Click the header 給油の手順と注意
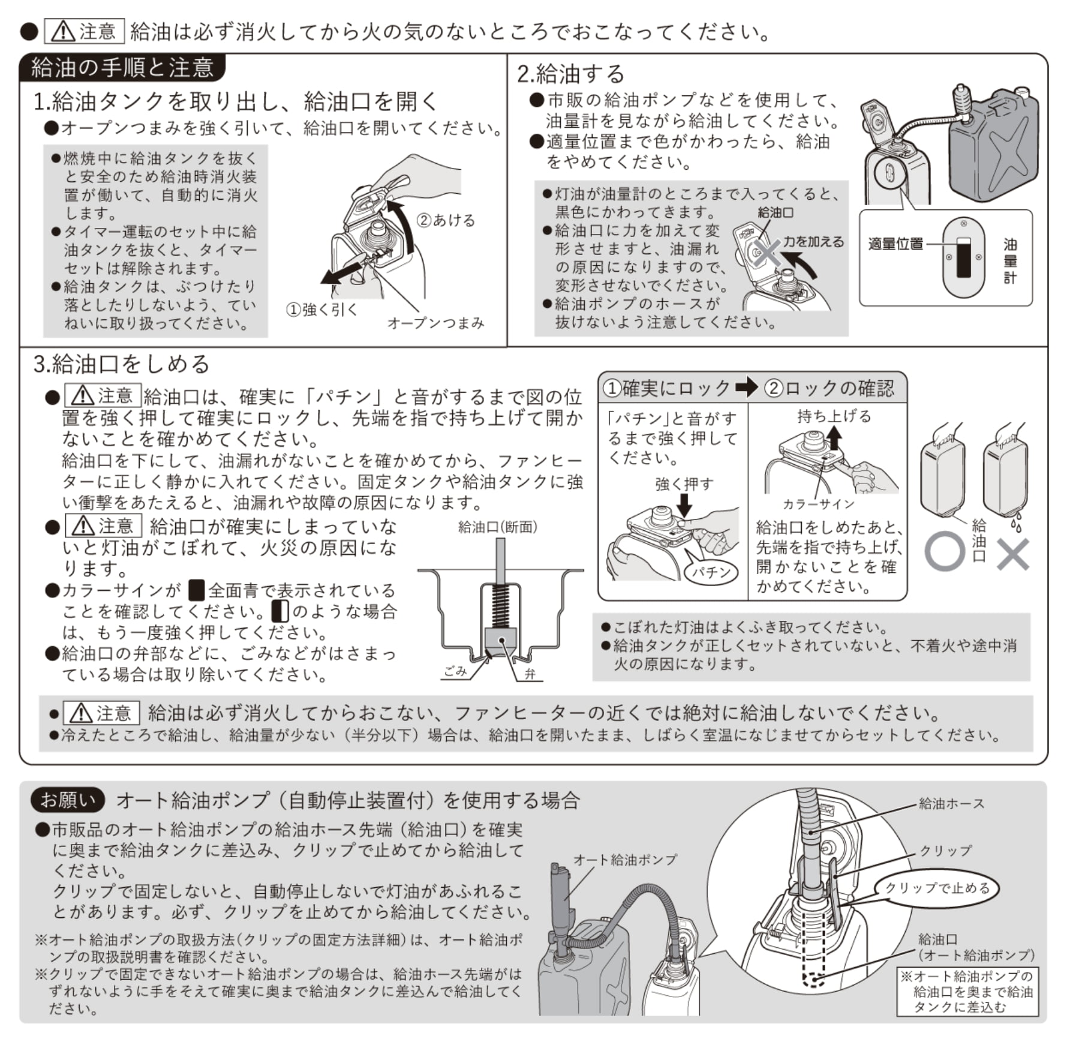tap(122, 68)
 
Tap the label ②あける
tap(446, 220)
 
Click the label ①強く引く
tap(322, 310)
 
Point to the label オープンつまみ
tap(435, 323)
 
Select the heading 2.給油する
tap(571, 74)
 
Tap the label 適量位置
tap(895, 244)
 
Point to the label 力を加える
tap(813, 242)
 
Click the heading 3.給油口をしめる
tap(122, 364)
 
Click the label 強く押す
tap(684, 484)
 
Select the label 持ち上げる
tap(834, 416)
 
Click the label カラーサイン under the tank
tap(818, 504)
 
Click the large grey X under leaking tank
tap(1012, 554)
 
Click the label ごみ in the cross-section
tap(455, 671)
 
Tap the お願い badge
tap(68, 800)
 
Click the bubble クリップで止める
tap(937, 888)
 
